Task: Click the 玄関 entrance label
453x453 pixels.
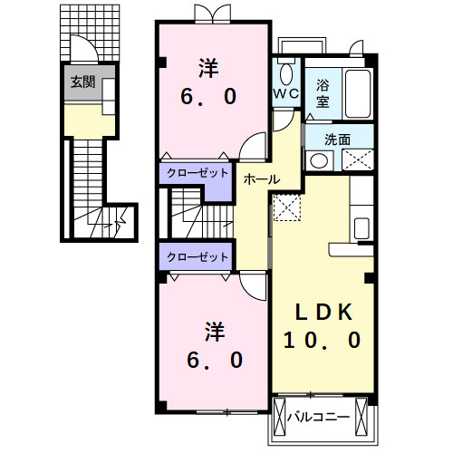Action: click(x=82, y=82)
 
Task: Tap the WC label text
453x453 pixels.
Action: click(x=285, y=93)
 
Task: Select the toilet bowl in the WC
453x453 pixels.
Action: click(x=286, y=74)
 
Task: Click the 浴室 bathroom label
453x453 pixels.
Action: click(x=323, y=93)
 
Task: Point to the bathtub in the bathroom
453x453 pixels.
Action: click(x=358, y=93)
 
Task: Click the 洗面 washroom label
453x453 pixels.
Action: click(x=337, y=140)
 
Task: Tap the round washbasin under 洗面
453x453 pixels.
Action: click(x=319, y=160)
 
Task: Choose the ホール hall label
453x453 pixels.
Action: click(x=262, y=179)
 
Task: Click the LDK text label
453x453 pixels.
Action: click(x=323, y=313)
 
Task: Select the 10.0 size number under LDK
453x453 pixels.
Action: click(x=322, y=340)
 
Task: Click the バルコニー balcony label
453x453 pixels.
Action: click(x=318, y=417)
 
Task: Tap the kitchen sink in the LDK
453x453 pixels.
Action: click(x=361, y=228)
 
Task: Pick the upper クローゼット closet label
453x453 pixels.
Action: click(x=198, y=173)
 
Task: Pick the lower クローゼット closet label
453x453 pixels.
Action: click(x=198, y=257)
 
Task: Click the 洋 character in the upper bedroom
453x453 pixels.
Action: click(x=208, y=68)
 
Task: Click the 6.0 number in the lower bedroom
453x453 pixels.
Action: click(x=215, y=360)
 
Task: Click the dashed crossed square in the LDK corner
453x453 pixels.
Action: click(x=287, y=207)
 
